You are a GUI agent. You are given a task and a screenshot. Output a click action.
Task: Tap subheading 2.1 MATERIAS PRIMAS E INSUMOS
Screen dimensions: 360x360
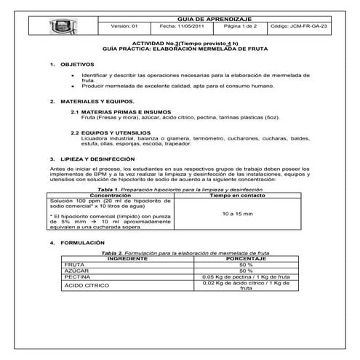(x=116, y=112)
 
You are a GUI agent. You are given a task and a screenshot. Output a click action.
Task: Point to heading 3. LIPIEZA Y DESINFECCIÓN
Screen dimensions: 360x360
(x=92, y=158)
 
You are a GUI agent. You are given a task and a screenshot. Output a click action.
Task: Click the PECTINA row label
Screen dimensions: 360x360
(x=78, y=276)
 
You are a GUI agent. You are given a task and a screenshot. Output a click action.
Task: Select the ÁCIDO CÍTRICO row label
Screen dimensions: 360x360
(x=85, y=284)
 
